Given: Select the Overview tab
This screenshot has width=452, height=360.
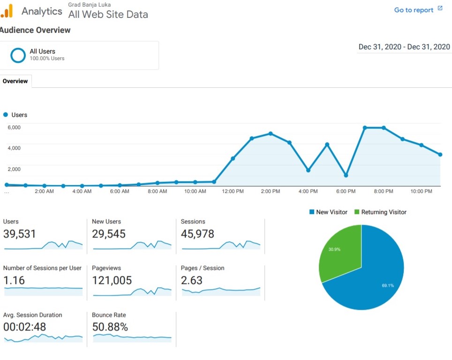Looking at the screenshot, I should point(15,81).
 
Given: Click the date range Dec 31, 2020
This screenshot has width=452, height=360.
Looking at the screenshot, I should point(404,47).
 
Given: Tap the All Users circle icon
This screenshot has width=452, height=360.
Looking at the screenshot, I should point(18,55).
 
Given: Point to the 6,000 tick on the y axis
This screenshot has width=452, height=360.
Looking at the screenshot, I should point(14,127).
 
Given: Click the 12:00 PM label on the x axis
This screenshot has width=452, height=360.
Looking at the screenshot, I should point(233,191).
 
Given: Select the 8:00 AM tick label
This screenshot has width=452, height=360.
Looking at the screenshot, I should point(157,191).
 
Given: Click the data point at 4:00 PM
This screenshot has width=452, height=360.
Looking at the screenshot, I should point(308,170).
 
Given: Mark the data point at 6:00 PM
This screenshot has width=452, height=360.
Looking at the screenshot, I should point(346,175).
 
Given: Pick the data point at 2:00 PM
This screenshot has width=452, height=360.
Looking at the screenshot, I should point(271,133).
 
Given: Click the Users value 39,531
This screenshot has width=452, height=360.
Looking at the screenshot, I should point(19,234).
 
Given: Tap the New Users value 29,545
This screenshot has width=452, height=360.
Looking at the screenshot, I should point(109,234).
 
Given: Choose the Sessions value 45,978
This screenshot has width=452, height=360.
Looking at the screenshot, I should point(197,234).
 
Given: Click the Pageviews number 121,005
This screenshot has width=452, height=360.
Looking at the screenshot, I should point(112,280).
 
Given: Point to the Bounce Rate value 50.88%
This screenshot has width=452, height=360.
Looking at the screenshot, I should point(110,327).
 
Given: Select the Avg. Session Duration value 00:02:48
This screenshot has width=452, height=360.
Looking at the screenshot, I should point(24,327).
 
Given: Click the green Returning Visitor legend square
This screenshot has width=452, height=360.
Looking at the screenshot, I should point(356,212).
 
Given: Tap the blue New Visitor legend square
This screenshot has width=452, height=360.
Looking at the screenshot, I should point(311,212).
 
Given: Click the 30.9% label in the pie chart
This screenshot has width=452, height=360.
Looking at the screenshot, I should point(334,249).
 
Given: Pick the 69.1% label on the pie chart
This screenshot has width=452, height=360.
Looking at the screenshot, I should point(388,285).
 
